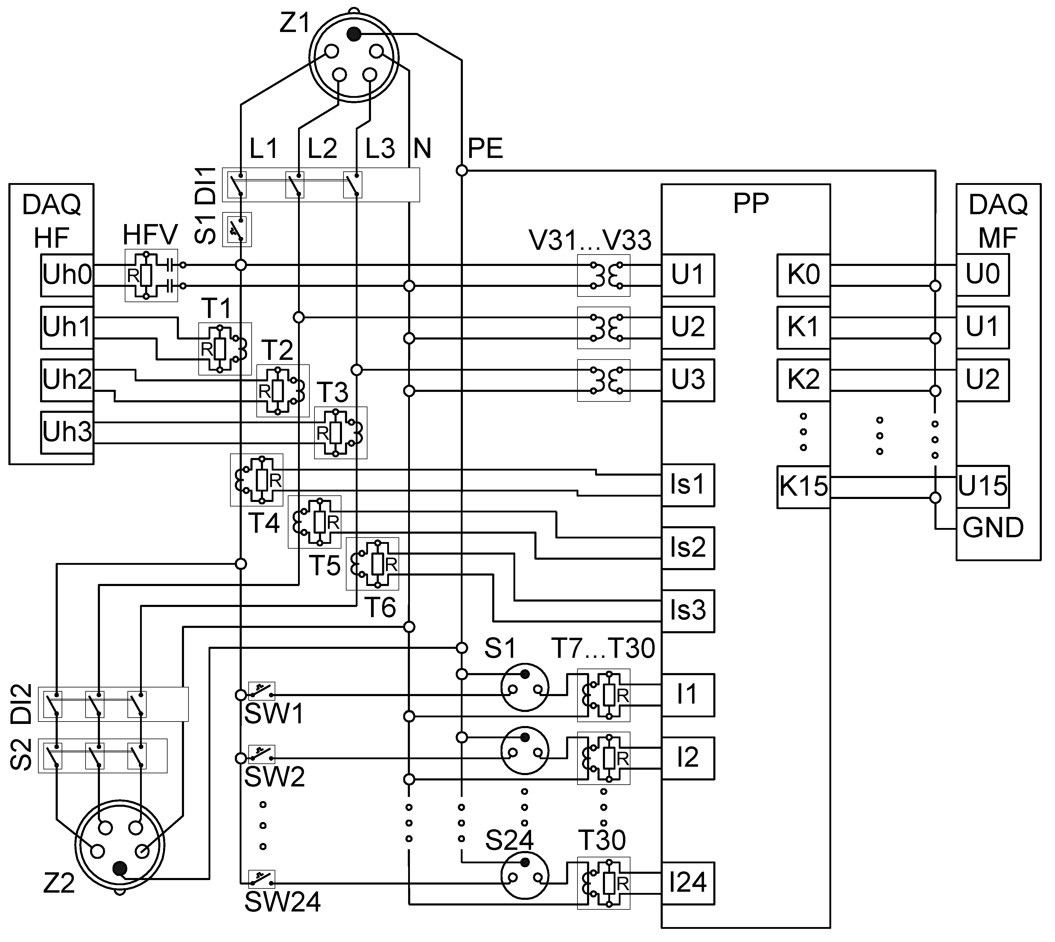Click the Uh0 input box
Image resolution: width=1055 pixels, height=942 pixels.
(67, 275)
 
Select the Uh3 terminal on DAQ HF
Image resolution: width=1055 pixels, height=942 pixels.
(67, 432)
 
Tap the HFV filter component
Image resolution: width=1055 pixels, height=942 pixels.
(151, 275)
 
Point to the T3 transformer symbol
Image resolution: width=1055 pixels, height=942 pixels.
(340, 433)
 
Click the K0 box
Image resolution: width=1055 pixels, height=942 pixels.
(803, 275)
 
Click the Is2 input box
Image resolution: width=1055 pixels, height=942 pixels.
(688, 548)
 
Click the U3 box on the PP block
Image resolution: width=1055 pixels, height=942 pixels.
(688, 380)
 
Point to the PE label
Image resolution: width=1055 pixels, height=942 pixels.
(485, 149)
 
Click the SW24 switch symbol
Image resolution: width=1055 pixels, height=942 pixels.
(262, 879)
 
